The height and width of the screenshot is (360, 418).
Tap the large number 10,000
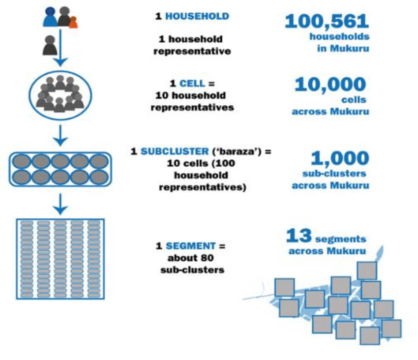point(330,85)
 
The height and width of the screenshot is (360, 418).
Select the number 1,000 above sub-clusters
point(340,158)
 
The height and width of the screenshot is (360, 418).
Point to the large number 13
point(299,236)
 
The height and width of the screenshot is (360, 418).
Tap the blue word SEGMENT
point(191,245)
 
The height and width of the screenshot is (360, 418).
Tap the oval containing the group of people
point(60,94)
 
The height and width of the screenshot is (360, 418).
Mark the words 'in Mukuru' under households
point(343,49)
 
